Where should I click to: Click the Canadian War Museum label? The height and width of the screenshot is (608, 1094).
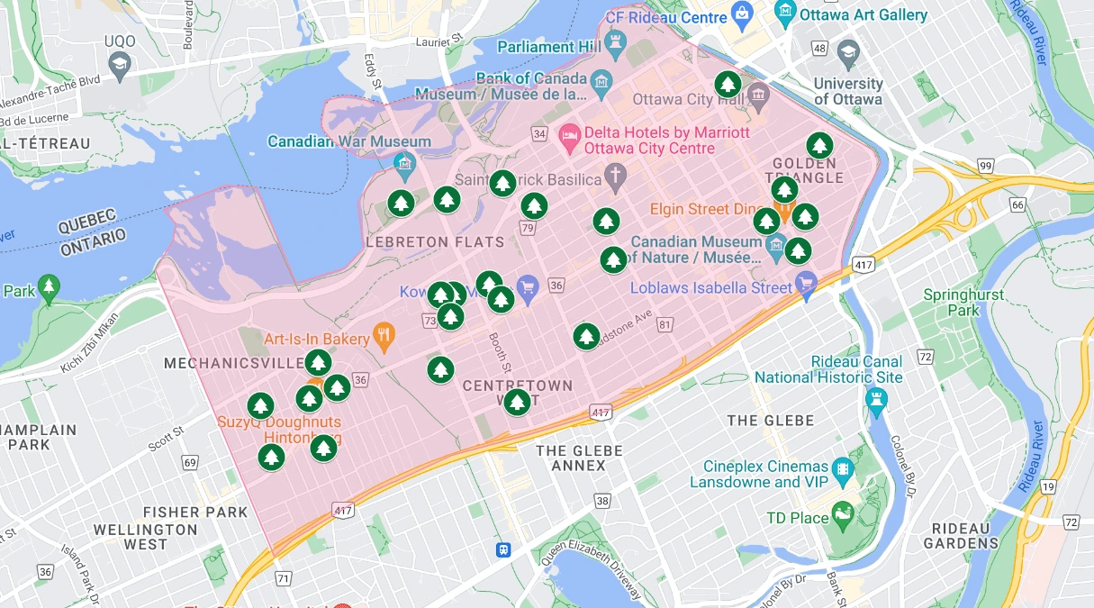[x=349, y=141]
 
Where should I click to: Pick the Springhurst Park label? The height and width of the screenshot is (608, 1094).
[x=963, y=303]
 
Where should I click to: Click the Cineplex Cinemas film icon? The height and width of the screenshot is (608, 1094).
[x=844, y=469]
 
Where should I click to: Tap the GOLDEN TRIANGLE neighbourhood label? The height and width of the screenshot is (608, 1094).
[x=808, y=170]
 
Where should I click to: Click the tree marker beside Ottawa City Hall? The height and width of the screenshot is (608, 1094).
[x=728, y=86]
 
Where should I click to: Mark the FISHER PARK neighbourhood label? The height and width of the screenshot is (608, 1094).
[x=194, y=513]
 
